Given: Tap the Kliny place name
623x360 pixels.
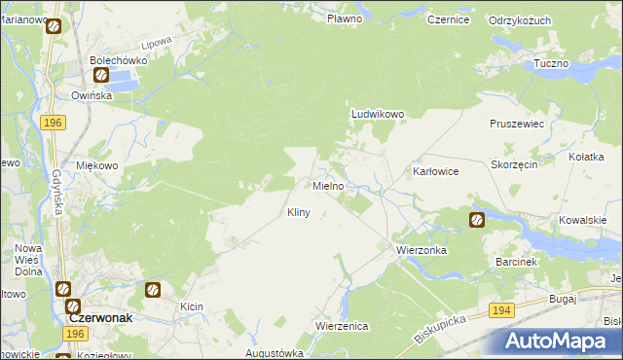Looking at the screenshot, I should pos(298,212).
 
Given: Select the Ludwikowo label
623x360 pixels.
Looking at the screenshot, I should pos(378,114).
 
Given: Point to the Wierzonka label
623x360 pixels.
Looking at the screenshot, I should pos(421,250).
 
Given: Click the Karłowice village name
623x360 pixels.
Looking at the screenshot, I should pos(435,171).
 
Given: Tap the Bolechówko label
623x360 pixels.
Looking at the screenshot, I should pos(118,59).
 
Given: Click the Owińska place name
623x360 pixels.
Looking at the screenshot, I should pos(92,95).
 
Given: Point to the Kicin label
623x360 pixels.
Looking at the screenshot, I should pos(191,306).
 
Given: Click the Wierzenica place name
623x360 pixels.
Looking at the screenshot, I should pos(342,326).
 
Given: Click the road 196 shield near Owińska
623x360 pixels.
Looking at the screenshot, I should pos(54,122).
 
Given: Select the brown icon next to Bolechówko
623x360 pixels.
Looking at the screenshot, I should pos(101,75).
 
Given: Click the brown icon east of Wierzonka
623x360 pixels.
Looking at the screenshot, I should pos(477,220).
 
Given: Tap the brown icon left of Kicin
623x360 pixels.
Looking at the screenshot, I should pos(153,289).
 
